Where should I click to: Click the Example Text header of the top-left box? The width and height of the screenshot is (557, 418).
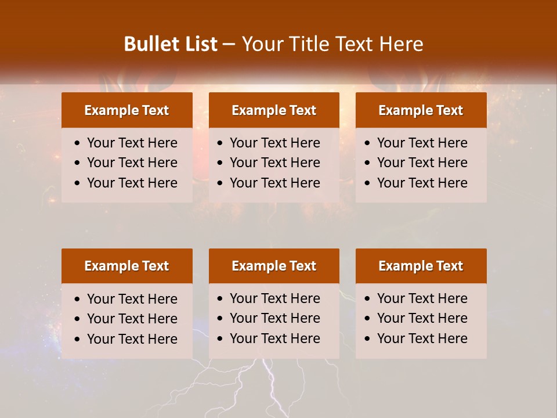point(126,110)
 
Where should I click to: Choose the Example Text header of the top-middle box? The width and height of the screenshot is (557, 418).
point(274,110)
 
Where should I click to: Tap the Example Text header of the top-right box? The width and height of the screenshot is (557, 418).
point(421,110)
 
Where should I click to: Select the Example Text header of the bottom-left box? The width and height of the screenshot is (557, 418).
point(126,266)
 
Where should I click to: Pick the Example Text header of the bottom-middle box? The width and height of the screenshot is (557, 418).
point(274,266)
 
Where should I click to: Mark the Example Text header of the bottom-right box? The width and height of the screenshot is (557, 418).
point(421,266)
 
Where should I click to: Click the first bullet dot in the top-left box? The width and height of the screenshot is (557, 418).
point(78,143)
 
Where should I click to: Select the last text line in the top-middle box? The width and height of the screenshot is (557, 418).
point(274,183)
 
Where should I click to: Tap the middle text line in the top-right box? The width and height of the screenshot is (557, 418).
point(422,163)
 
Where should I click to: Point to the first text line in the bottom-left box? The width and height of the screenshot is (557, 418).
point(132,299)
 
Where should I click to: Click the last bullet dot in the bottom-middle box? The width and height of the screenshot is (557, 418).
point(220,339)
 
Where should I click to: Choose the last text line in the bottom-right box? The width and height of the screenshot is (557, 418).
point(422,338)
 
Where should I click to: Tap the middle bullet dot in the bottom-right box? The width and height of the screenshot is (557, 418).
point(368,319)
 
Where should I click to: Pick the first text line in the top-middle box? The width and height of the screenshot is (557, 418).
point(274,143)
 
